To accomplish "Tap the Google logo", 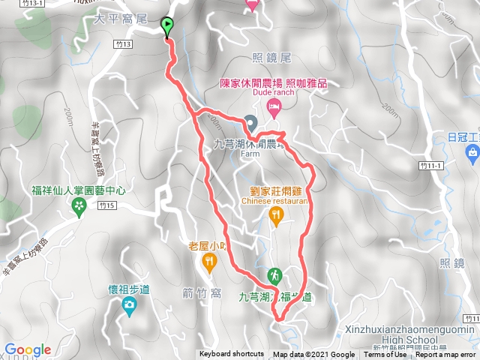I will [x=27, y=349].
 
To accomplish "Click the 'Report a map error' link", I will [x=446, y=355].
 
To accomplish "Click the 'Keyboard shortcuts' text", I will [x=232, y=355].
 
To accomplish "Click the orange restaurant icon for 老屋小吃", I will [x=208, y=261].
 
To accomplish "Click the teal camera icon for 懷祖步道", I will [x=129, y=304].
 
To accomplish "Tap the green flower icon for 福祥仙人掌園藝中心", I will [x=79, y=205].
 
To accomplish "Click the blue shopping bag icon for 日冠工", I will [x=472, y=153].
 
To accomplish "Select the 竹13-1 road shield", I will [x=12, y=3].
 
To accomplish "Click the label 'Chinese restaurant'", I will [x=274, y=201].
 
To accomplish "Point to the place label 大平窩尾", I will [x=115, y=15].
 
